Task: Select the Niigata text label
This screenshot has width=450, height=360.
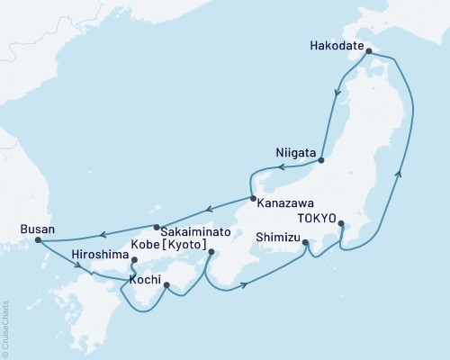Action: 296,153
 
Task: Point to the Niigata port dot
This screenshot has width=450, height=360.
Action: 321,163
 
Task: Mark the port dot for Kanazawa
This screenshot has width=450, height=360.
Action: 254,198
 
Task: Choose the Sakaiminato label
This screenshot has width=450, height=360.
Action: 172,231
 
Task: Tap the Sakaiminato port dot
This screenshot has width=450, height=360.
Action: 157,227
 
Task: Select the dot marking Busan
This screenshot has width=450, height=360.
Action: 38,240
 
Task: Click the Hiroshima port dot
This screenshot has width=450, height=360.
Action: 134,262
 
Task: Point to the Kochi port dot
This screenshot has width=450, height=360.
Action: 166,285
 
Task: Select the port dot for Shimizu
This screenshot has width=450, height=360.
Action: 305,242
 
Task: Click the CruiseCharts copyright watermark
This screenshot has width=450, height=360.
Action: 5,328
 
